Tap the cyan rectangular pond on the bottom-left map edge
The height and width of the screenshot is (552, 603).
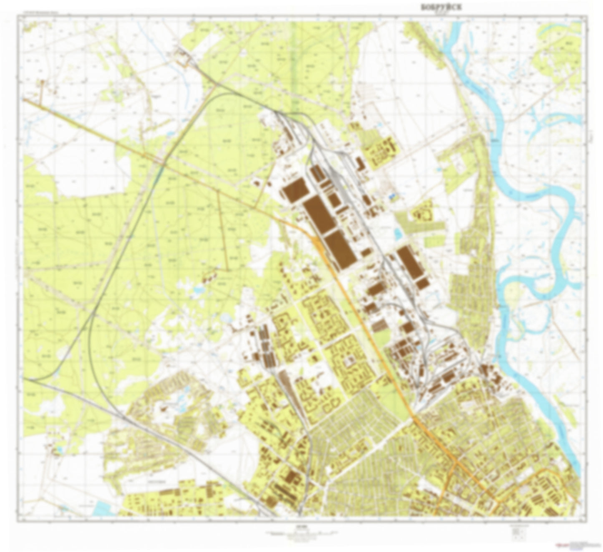coord(101,508)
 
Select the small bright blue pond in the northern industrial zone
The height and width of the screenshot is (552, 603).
coord(391,195)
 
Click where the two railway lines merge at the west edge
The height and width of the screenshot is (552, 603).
coord(31,380)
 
